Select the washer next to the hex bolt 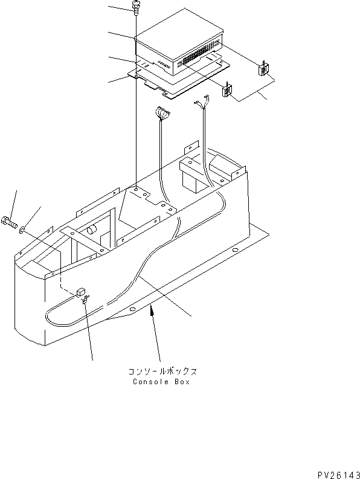tap(23, 230)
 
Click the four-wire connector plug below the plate tap(162, 113)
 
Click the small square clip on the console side tap(80, 293)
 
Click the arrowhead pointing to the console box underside tap(152, 310)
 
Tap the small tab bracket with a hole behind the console tap(190, 149)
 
